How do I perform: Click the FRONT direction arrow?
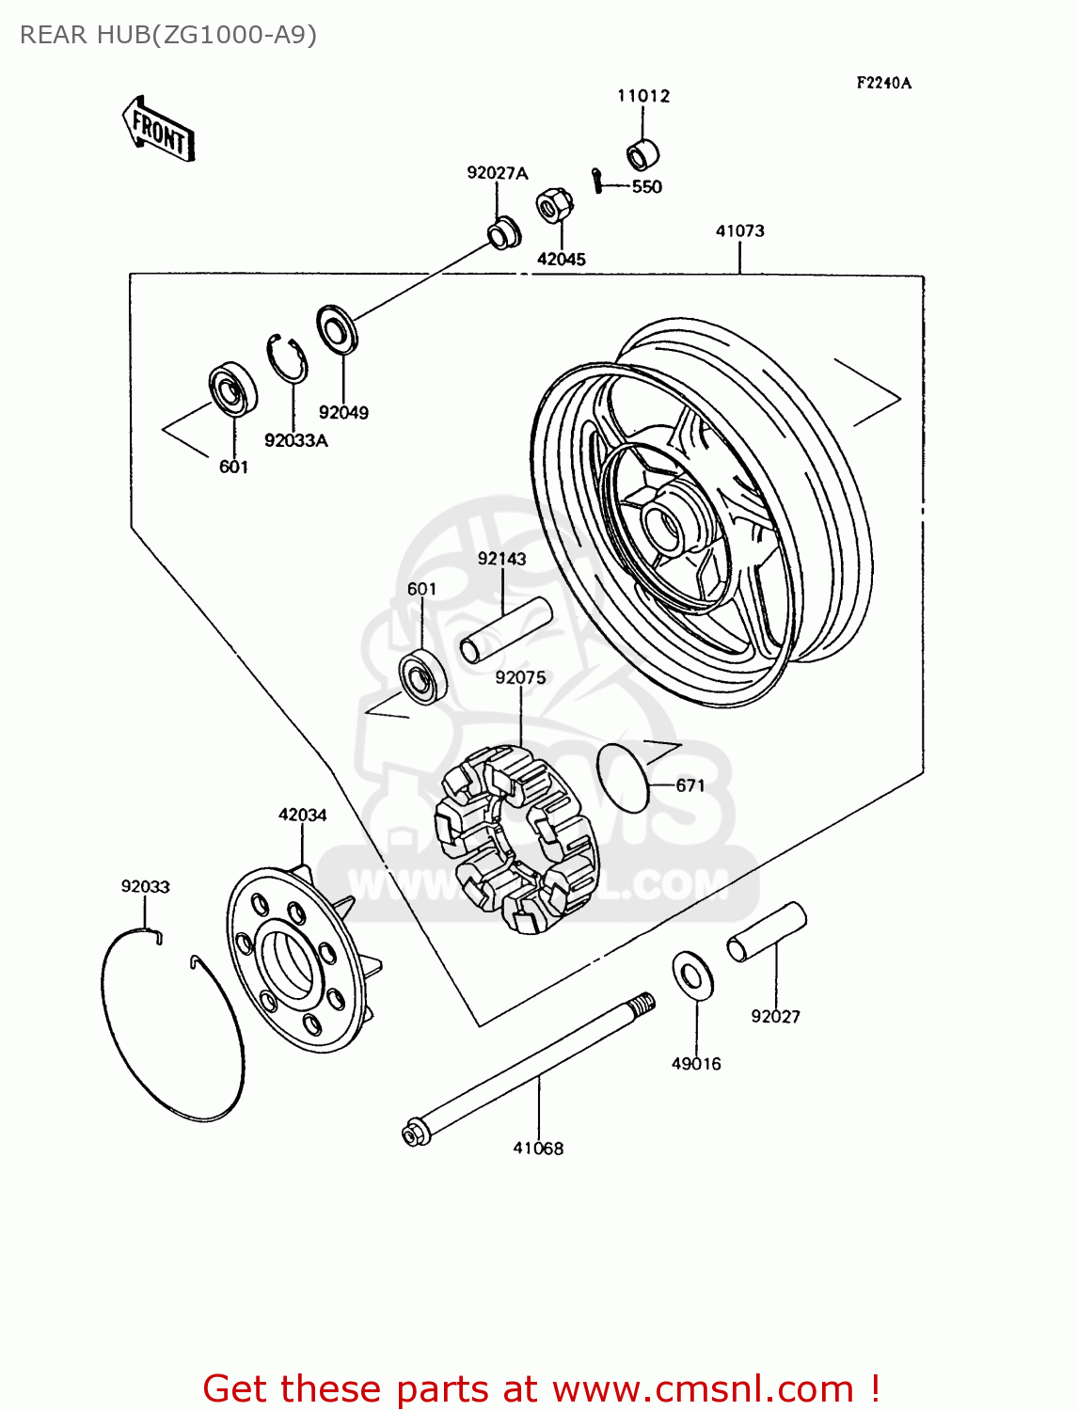pos(158,131)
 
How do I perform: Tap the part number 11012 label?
pos(643,96)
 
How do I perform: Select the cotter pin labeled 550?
pos(597,179)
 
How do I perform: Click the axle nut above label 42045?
pos(554,205)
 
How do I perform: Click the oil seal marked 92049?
pos(335,329)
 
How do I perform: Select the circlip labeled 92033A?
pos(286,358)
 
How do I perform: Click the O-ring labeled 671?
pos(623,777)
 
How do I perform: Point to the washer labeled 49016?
pos(692,975)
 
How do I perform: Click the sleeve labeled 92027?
pos(767,931)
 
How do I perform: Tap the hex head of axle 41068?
pos(414,1134)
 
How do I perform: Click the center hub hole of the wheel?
pos(663,528)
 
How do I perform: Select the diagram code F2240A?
pos(883,83)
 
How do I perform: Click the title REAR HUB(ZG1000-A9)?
pos(168,35)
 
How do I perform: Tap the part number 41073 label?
pos(739,231)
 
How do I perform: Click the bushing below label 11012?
pos(642,153)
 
